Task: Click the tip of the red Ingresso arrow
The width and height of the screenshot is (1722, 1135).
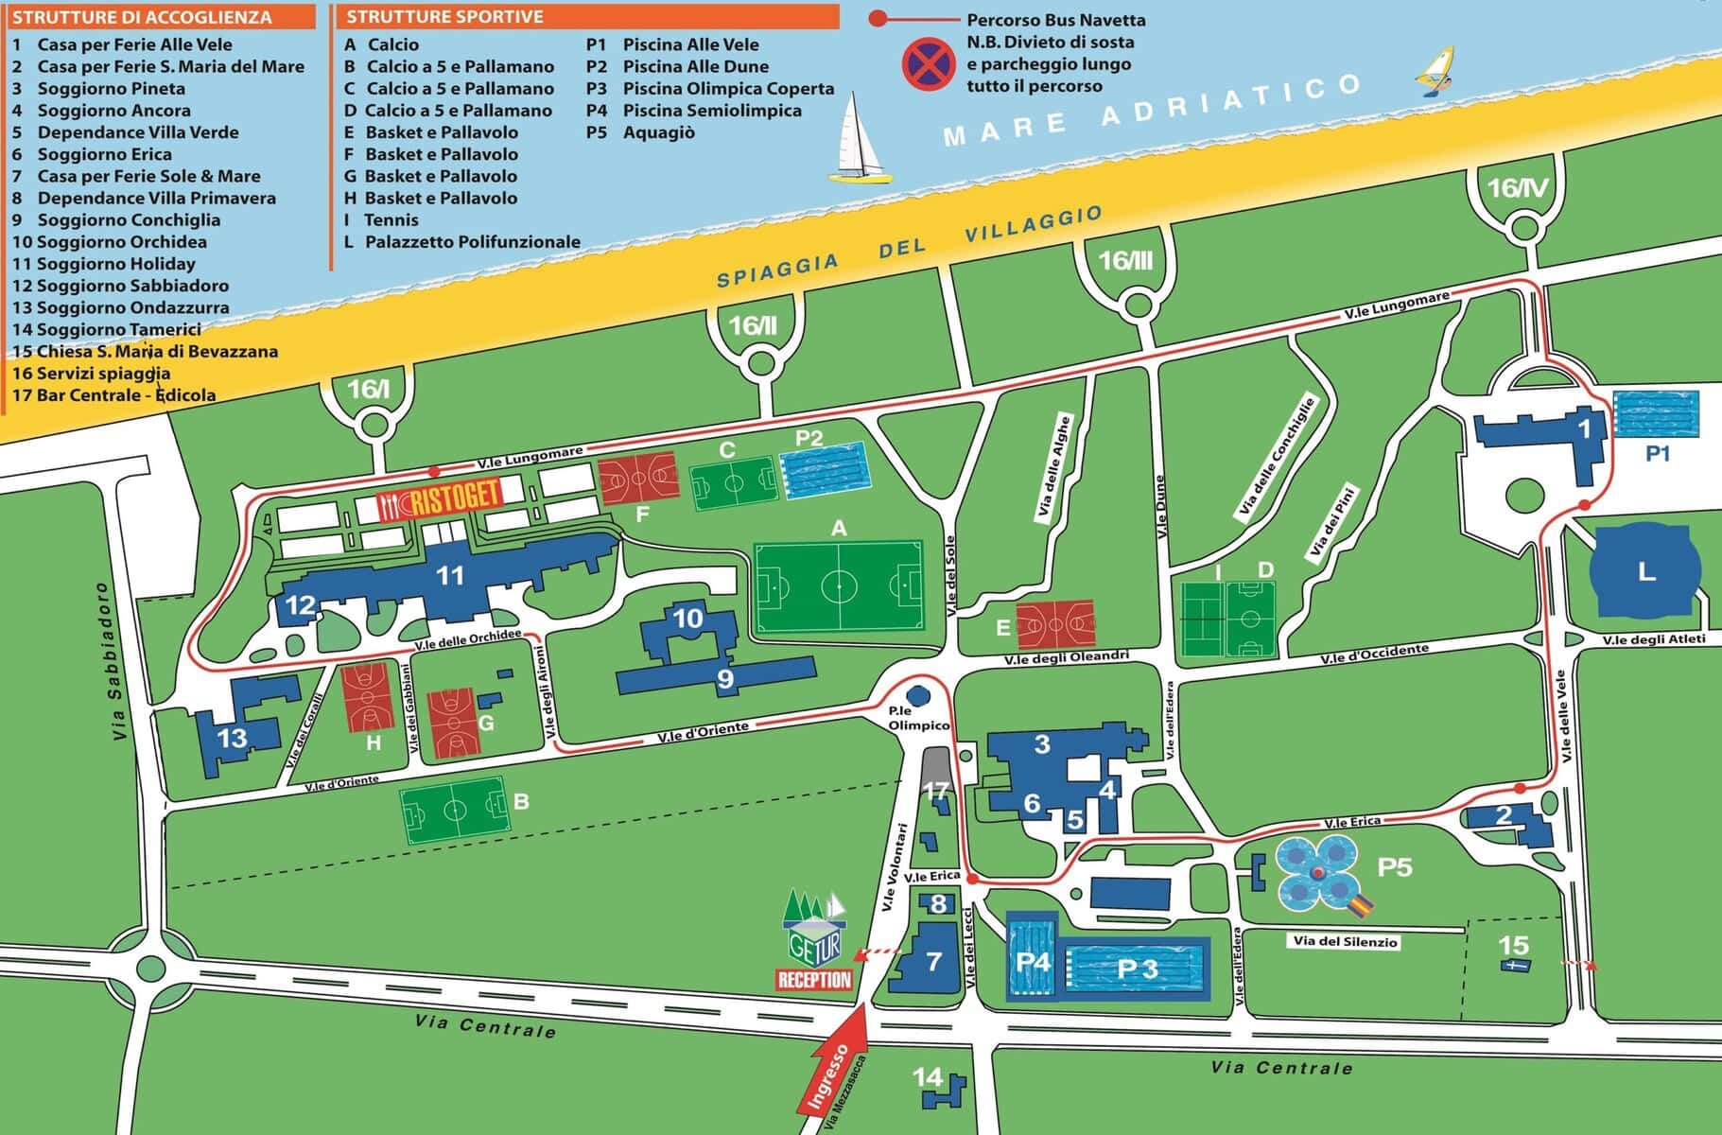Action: tap(862, 1005)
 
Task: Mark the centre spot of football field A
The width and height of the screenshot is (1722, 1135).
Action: tap(839, 587)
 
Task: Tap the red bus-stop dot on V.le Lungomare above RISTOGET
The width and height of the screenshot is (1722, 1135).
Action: tap(434, 470)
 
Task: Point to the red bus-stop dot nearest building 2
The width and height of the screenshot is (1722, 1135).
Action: tap(1520, 788)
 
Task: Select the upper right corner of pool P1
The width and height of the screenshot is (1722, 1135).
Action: tap(1698, 392)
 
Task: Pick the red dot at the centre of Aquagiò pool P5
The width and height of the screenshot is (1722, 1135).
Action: tap(1317, 872)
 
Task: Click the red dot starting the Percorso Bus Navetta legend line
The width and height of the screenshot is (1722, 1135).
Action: tap(878, 18)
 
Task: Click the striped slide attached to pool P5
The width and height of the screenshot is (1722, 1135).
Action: tap(1360, 905)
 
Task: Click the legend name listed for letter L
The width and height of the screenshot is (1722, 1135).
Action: tap(473, 242)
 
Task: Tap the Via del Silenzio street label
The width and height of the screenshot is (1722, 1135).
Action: tap(1345, 942)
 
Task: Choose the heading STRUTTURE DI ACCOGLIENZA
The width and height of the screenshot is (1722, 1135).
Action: tap(143, 17)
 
